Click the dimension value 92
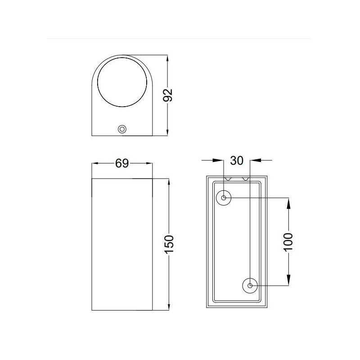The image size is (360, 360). (x=167, y=95)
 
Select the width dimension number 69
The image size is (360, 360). (x=122, y=163)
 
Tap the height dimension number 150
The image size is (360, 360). (x=169, y=244)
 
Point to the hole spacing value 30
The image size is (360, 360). (x=237, y=160)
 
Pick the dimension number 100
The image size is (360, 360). (x=288, y=242)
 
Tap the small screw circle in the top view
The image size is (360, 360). (x=121, y=129)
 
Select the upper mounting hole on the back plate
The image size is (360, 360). (x=224, y=198)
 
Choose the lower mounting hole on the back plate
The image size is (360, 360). (x=250, y=285)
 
